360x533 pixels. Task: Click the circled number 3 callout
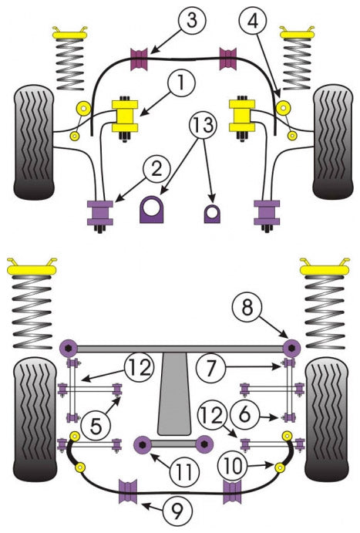click(x=192, y=20)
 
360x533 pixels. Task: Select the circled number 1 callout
click(x=181, y=83)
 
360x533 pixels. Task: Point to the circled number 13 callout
click(x=203, y=125)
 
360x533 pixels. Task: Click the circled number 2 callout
click(x=156, y=168)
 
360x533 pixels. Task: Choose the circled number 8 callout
click(x=247, y=308)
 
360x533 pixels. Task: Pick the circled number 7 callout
click(x=211, y=367)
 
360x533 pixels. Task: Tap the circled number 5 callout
click(x=96, y=426)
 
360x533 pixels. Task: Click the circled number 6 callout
click(x=244, y=414)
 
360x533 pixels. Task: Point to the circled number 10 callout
click(x=233, y=466)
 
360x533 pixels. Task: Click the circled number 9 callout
click(x=177, y=510)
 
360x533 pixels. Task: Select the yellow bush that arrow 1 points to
click(x=125, y=116)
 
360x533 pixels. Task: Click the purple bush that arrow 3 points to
click(x=140, y=60)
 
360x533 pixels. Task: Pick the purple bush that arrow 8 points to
click(x=291, y=348)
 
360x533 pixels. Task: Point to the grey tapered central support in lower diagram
click(x=173, y=393)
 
